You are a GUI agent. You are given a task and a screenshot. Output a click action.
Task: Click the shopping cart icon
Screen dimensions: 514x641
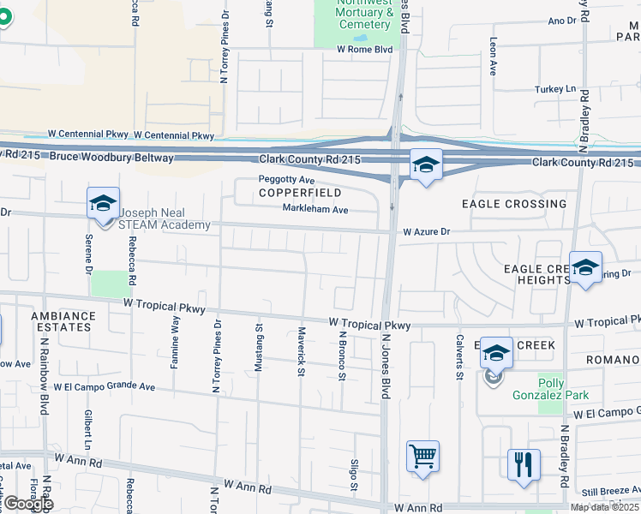point(423,457)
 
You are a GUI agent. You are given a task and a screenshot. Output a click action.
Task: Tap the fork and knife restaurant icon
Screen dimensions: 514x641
point(522,465)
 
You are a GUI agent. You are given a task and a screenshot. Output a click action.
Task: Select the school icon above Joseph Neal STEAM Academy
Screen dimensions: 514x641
point(103,205)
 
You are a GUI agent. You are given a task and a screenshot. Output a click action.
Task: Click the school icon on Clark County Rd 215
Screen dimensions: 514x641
point(425,165)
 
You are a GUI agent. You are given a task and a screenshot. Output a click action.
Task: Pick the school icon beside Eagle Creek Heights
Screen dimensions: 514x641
point(585,268)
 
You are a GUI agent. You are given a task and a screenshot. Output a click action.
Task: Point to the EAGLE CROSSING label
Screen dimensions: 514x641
point(514,204)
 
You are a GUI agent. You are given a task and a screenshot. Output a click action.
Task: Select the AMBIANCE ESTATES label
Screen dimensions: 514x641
point(63,321)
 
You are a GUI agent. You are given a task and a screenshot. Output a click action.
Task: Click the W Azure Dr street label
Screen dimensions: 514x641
point(427,231)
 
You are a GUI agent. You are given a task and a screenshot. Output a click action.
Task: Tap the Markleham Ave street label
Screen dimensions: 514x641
point(315,209)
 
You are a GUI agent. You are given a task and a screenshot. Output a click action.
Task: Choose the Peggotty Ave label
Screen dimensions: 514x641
point(287,181)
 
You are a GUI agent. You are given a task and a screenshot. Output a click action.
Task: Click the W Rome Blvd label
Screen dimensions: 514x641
point(364,50)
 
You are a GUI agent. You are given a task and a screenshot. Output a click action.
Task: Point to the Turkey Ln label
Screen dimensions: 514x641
point(555,89)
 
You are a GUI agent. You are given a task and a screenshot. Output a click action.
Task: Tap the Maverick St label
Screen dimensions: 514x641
point(301,350)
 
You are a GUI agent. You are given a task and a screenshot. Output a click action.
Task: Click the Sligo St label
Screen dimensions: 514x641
point(353,475)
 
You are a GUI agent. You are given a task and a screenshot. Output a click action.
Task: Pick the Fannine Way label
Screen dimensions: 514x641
point(175,341)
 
